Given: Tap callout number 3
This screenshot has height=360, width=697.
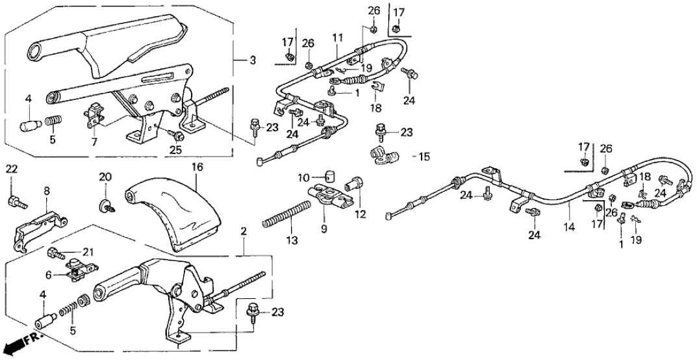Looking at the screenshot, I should point(253,60).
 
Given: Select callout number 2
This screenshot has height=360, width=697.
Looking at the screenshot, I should point(243,231).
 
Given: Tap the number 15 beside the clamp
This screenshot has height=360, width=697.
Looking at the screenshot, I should point(425,157).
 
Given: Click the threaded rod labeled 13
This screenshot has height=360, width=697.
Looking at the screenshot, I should point(286,215).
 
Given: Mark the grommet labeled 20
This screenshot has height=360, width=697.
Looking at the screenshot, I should point(104,206).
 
